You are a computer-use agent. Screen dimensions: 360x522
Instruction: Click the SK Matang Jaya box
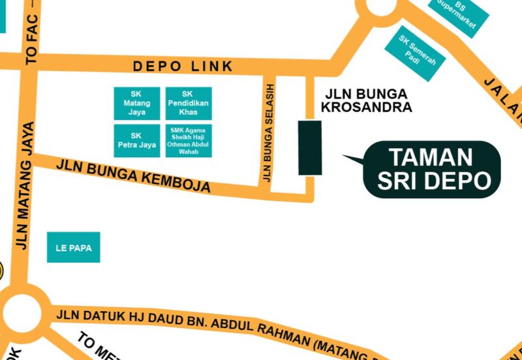pos(137,103)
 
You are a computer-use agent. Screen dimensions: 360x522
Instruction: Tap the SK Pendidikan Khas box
pos(188,103)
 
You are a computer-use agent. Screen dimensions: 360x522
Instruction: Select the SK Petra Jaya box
pos(137,140)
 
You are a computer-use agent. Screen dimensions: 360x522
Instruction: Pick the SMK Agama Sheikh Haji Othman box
pos(188,140)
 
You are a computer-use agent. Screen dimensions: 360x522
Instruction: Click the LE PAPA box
pos(73,248)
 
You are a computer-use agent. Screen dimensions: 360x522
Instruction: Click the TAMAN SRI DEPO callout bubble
pos(432,169)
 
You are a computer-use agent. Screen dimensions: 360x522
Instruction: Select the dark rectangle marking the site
pos(310,147)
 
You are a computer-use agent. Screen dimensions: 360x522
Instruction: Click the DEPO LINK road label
pos(183,67)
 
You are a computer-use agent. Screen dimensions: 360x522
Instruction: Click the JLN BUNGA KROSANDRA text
pos(367,100)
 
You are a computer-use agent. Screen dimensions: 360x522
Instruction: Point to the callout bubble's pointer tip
pos(344,156)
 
